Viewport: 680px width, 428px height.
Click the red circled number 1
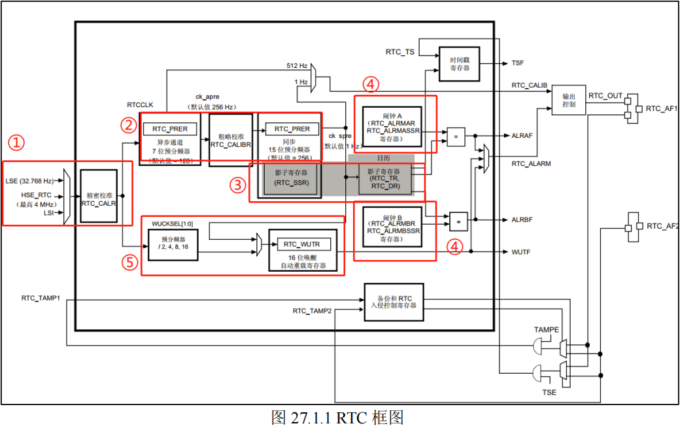tap(16, 142)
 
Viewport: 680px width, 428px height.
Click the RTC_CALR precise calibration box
tap(98, 198)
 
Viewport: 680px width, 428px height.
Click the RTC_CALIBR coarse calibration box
tap(231, 139)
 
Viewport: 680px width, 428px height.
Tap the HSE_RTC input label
tap(36, 195)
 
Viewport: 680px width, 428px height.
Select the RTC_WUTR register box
tap(303, 244)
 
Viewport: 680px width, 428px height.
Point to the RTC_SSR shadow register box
tap(292, 178)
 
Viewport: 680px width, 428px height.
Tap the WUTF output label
tap(522, 251)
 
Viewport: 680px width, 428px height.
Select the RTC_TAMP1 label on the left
tap(41, 298)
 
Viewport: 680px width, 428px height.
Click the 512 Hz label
tap(297, 66)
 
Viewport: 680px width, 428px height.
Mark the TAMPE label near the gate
tap(547, 330)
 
